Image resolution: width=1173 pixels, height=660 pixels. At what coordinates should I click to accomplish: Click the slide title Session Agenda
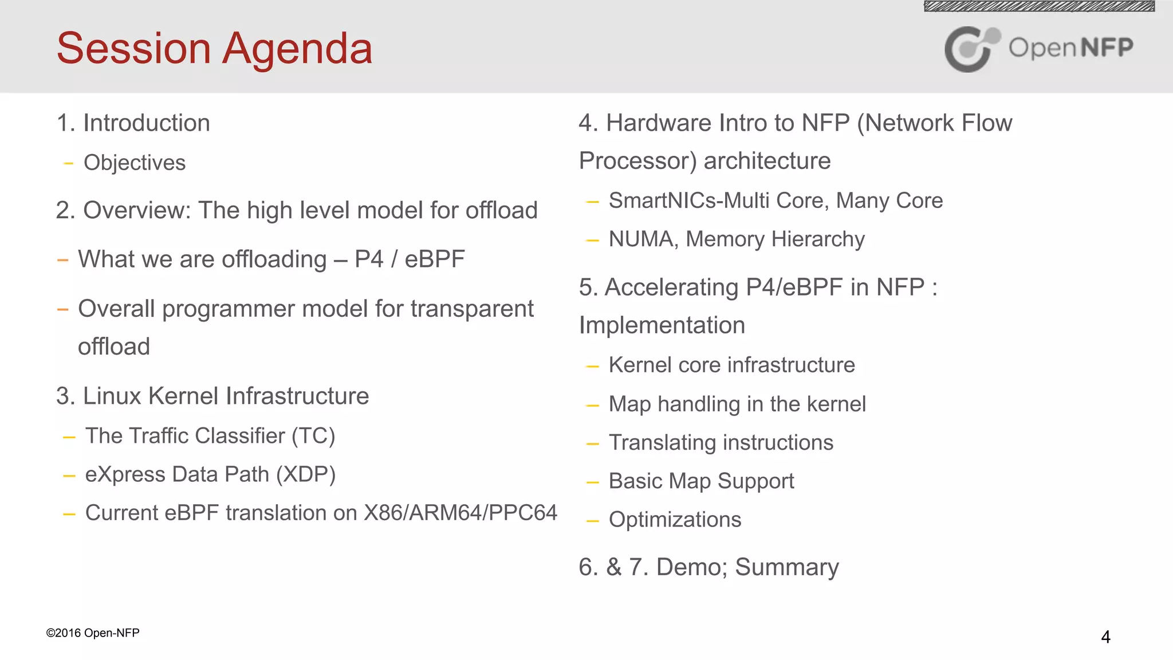pyautogui.click(x=214, y=48)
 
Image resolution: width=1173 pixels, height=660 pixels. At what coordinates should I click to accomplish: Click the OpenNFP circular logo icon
pyautogui.click(x=971, y=49)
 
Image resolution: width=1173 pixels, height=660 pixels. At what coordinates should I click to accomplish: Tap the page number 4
pyautogui.click(x=1105, y=637)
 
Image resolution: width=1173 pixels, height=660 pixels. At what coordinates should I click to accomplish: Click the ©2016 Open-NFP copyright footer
pyautogui.click(x=93, y=633)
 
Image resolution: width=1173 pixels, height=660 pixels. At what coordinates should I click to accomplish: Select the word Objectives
pyautogui.click(x=135, y=163)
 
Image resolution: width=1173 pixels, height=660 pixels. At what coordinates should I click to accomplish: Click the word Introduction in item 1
pyautogui.click(x=147, y=123)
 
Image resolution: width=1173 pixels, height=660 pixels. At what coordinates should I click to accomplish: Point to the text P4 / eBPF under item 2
pyautogui.click(x=410, y=259)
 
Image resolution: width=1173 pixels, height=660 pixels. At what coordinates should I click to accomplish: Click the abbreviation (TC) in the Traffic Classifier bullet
pyautogui.click(x=313, y=436)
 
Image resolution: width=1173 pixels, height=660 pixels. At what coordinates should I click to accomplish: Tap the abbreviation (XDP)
pyautogui.click(x=306, y=474)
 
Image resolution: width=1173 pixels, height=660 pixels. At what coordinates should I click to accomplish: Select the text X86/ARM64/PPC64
pyautogui.click(x=460, y=513)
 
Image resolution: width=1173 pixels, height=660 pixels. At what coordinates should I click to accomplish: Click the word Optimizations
pyautogui.click(x=675, y=520)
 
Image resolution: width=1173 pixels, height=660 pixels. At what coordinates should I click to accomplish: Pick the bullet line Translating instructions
pyautogui.click(x=721, y=443)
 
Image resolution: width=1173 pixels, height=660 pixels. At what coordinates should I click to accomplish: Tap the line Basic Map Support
pyautogui.click(x=701, y=481)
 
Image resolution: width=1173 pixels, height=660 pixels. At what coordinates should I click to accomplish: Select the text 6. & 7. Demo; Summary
pyautogui.click(x=708, y=567)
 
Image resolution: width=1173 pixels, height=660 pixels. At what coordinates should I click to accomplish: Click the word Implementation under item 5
pyautogui.click(x=662, y=325)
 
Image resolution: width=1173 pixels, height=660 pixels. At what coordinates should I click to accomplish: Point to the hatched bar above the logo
pyautogui.click(x=1039, y=6)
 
